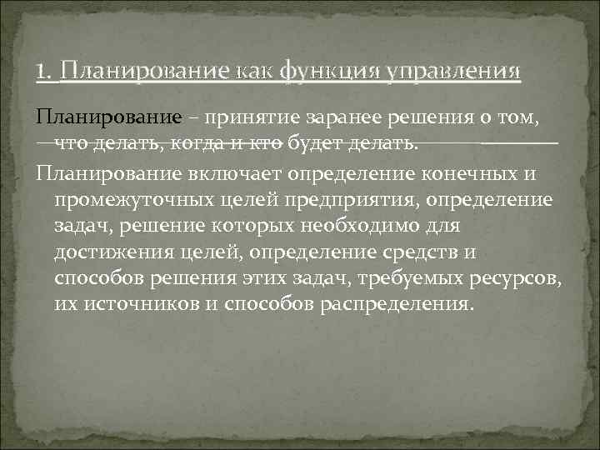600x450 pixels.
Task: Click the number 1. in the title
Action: click(x=46, y=72)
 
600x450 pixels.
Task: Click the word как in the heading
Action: click(x=257, y=72)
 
